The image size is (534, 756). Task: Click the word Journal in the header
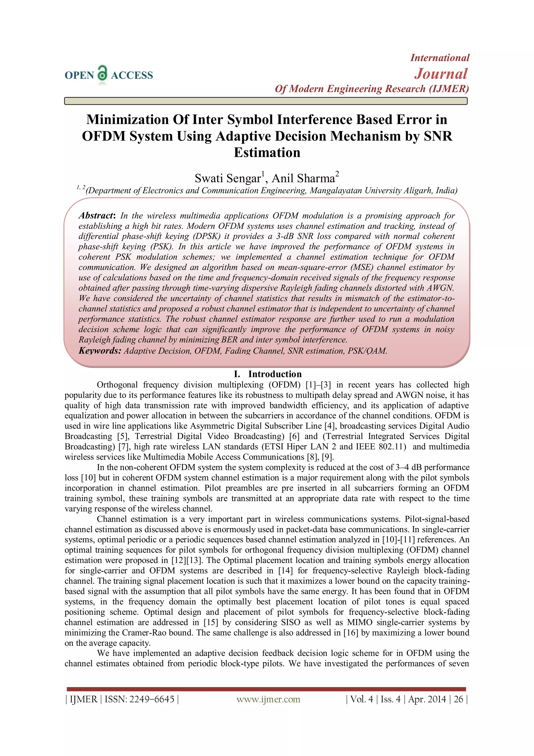coord(441,74)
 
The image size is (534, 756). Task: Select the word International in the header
coord(440,58)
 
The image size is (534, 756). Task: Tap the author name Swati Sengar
coord(228,178)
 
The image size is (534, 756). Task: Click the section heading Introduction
coord(275,374)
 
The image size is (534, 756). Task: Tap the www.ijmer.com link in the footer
coord(268,699)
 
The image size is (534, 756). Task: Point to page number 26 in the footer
coord(458,699)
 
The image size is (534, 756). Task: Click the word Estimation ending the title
coord(267,153)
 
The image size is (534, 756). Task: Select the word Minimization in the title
coord(128,120)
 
